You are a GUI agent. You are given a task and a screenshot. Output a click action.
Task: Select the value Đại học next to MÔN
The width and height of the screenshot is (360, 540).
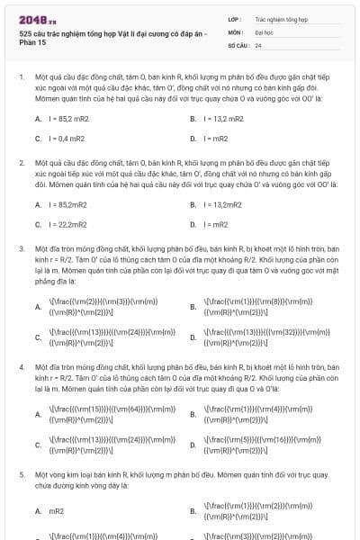tap(263, 31)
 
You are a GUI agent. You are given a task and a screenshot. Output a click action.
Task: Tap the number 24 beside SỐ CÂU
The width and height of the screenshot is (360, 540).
tap(258, 44)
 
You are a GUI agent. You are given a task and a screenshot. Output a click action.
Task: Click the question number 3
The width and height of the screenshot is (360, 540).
tap(22, 248)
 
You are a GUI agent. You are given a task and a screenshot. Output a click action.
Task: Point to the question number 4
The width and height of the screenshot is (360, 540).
tap(22, 368)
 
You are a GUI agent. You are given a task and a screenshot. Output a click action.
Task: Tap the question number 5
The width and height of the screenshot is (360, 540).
tap(22, 472)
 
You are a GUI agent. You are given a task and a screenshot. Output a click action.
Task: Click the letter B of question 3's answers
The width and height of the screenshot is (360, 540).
tap(193, 307)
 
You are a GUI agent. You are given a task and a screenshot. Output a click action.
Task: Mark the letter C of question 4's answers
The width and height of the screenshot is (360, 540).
tap(38, 445)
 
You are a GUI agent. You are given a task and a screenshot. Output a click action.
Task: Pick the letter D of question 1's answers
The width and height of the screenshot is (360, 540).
tap(193, 139)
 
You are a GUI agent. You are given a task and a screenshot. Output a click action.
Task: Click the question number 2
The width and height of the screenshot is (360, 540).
tap(22, 163)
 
